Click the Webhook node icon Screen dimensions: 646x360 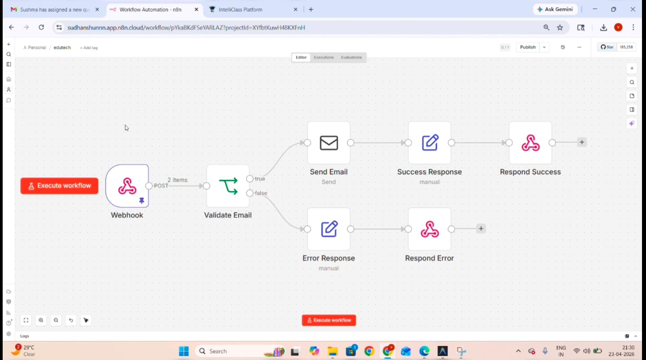127,186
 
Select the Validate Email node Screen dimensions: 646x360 228,186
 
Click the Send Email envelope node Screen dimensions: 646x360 329,143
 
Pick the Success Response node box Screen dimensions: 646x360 430,143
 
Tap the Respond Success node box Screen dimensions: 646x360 530,143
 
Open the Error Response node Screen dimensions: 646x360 329,229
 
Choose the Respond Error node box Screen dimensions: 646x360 430,229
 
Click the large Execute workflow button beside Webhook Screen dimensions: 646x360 59,186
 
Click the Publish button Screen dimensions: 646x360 528,47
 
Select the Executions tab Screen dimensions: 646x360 324,57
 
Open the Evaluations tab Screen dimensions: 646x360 351,57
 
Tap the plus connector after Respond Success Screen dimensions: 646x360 582,142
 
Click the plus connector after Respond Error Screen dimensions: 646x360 481,229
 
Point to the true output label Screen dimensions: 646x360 260,179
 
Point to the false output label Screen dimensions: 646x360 261,193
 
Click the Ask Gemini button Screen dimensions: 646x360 555,9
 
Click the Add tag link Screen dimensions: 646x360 89,48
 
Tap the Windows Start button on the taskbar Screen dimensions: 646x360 184,351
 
